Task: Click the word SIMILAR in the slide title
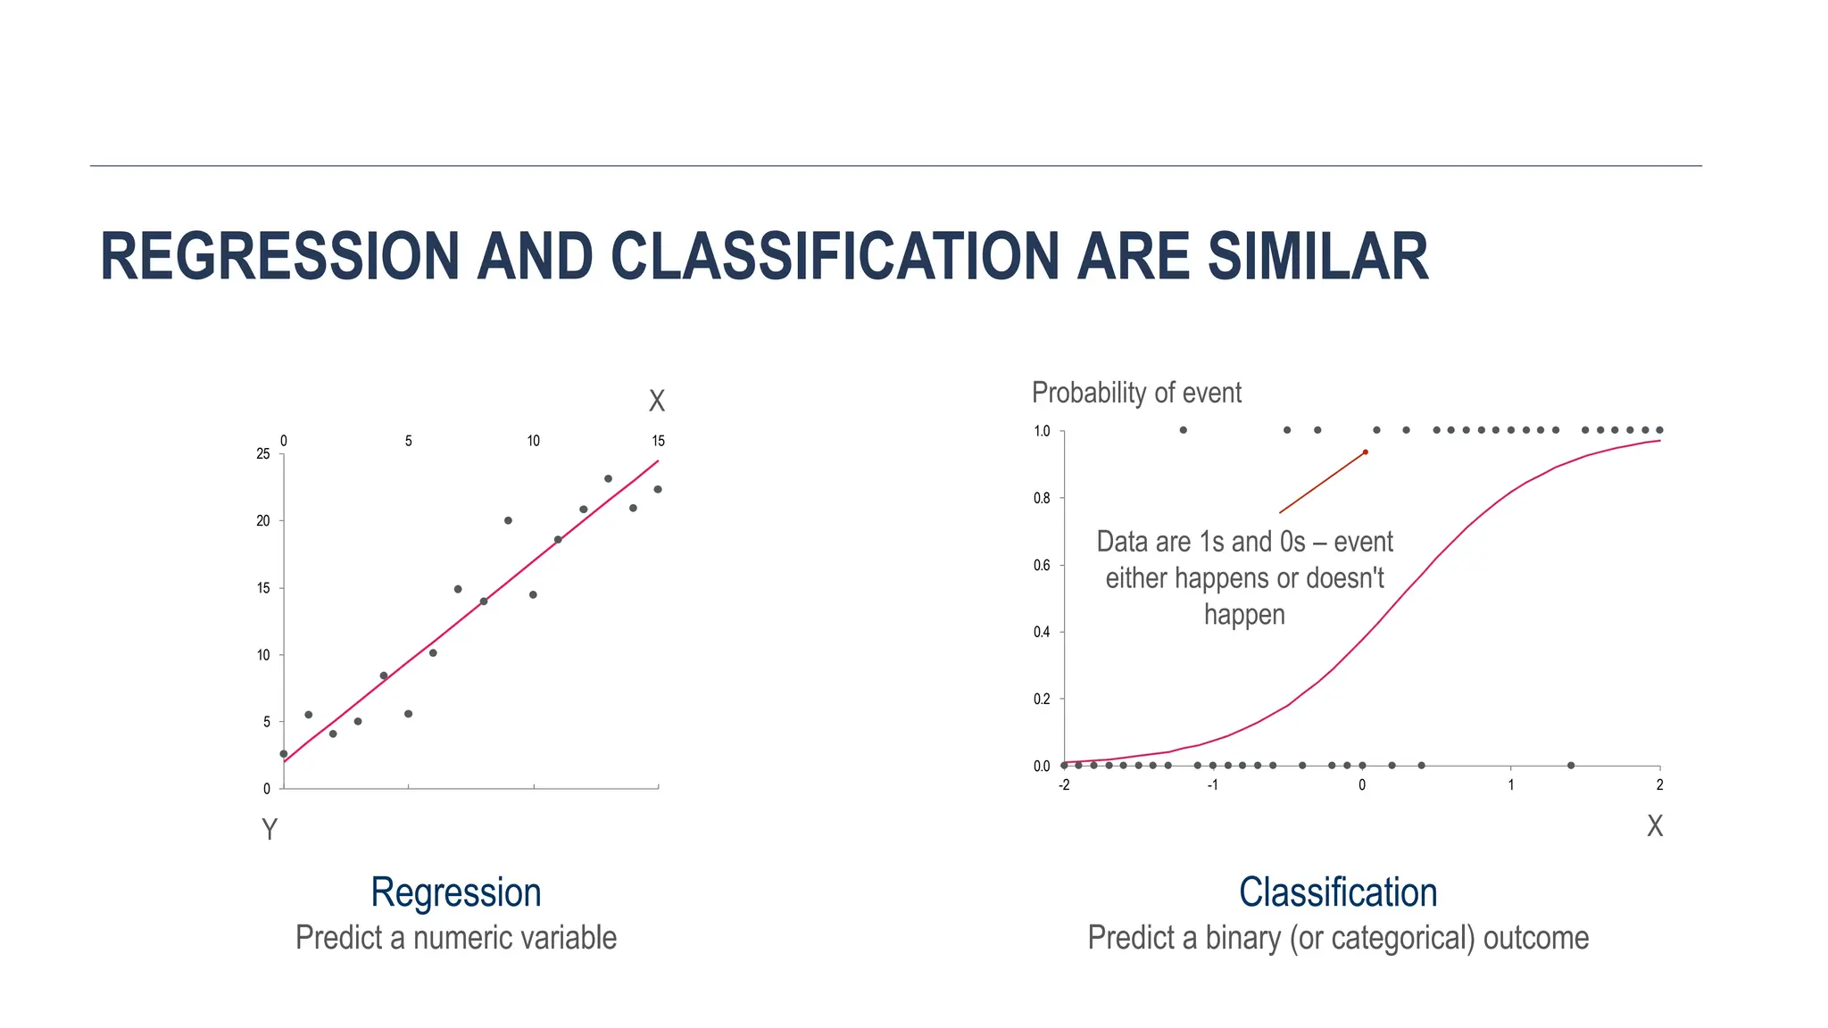(x=1317, y=257)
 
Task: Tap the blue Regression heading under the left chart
(x=455, y=892)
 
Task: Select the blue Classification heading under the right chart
(x=1337, y=892)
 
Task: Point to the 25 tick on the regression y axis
(x=263, y=454)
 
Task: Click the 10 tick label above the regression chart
(x=533, y=441)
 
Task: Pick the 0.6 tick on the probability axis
(x=1042, y=565)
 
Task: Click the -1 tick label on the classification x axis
(x=1212, y=785)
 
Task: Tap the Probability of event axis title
(x=1135, y=393)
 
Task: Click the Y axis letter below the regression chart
(x=270, y=830)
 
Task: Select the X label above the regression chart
(x=657, y=402)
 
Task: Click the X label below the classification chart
(x=1654, y=826)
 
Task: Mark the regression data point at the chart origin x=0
(x=284, y=754)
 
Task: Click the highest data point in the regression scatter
(x=608, y=478)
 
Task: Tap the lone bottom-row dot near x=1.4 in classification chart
(x=1571, y=765)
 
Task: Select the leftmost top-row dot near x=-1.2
(x=1183, y=430)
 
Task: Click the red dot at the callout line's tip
(x=1365, y=452)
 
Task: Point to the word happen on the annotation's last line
(x=1243, y=615)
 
